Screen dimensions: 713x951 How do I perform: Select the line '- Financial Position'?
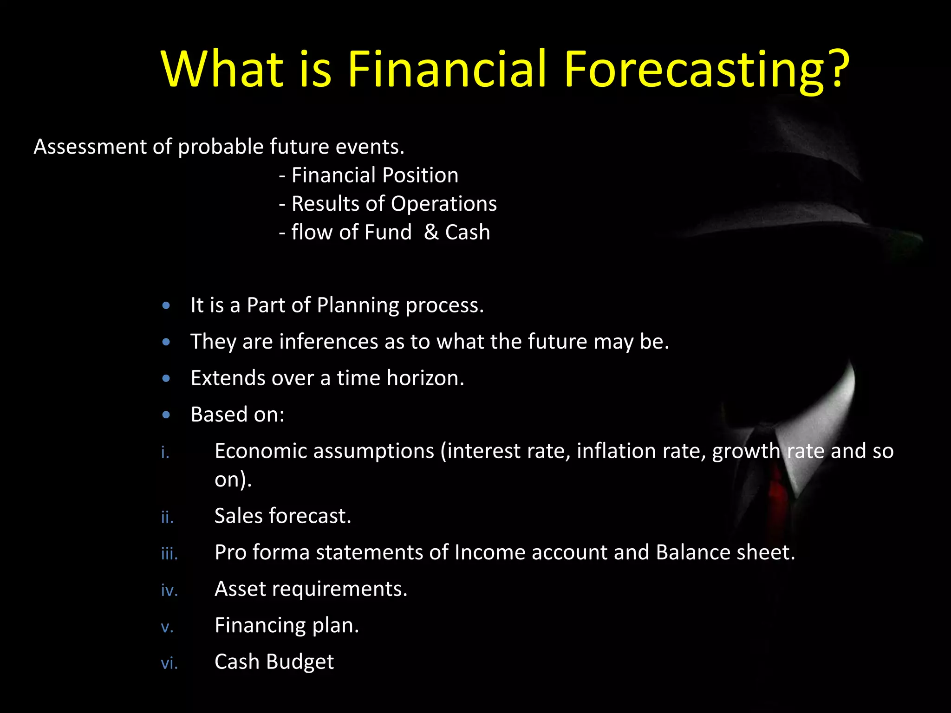tap(369, 175)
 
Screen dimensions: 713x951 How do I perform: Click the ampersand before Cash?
tap(431, 232)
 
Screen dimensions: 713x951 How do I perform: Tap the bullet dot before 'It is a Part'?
tap(166, 306)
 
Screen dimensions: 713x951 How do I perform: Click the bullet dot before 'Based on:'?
tap(166, 415)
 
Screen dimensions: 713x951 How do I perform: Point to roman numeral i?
tap(165, 452)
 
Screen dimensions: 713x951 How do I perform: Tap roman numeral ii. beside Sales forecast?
tap(167, 517)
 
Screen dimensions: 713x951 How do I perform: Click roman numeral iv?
tap(169, 590)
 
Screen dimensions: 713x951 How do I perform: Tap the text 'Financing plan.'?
tap(287, 625)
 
